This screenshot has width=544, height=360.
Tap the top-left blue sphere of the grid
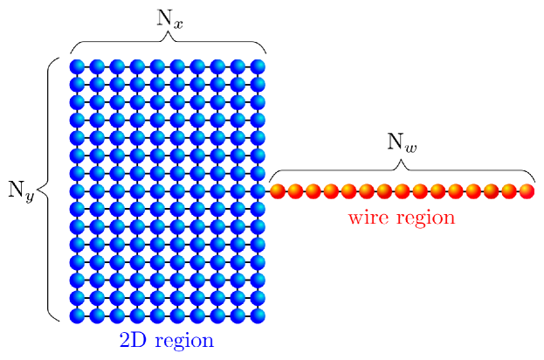tap(77, 66)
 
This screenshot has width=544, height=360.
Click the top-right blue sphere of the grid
tap(258, 66)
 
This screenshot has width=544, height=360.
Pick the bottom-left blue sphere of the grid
tap(77, 315)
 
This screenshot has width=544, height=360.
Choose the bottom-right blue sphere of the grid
tap(258, 315)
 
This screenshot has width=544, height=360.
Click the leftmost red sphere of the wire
tap(278, 191)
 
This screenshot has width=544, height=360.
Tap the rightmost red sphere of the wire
tap(527, 191)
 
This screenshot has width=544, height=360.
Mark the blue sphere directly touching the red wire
tap(258, 190)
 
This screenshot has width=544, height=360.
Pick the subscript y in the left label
tap(29, 196)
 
